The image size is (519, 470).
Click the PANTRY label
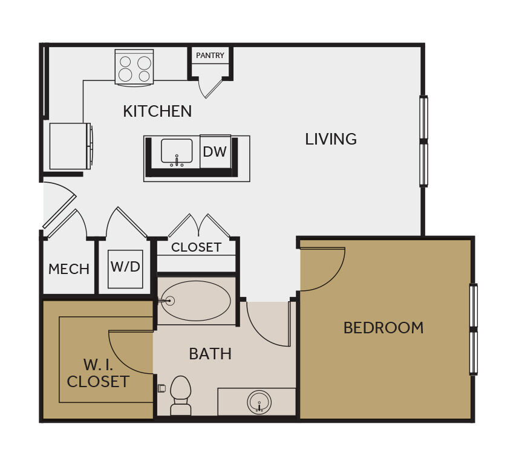coord(210,55)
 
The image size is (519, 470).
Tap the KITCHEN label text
coord(157,111)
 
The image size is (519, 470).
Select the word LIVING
coord(331,139)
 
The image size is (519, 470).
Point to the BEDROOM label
coord(384,328)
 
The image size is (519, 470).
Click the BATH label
coord(210,354)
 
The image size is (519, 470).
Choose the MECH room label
coord(69,269)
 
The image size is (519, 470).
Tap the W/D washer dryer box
coord(125,269)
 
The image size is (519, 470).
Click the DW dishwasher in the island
coord(215,152)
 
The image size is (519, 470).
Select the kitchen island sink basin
coord(177,151)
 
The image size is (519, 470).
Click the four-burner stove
coord(134,68)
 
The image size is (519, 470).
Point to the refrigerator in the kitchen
coord(71,146)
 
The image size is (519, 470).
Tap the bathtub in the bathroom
coord(196,301)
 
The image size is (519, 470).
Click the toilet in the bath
coord(180,395)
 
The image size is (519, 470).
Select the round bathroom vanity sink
coord(259,402)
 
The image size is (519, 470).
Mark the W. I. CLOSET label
coord(98,373)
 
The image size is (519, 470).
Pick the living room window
coord(423,142)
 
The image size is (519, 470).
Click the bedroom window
coord(474,330)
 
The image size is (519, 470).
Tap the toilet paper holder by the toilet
coord(162,388)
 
